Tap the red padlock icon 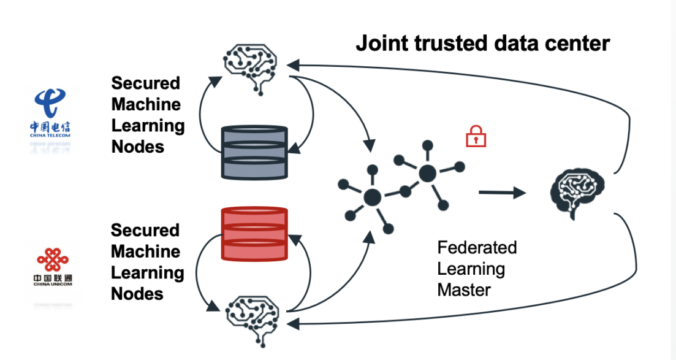pos(476,137)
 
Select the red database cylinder pos(254,234)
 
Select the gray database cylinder pos(254,151)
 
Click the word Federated pos(477,248)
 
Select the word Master pos(465,289)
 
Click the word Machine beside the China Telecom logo pos(146,104)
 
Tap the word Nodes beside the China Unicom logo pos(137,294)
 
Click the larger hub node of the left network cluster pos(372,197)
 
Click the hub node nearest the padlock pos(427,173)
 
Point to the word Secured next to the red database pos(145,231)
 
